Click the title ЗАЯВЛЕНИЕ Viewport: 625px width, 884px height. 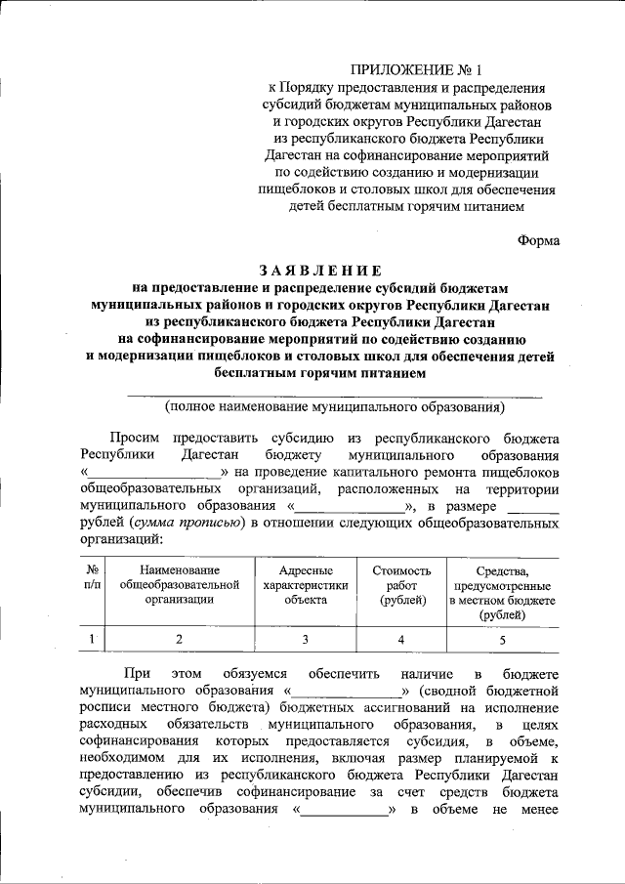pyautogui.click(x=315, y=270)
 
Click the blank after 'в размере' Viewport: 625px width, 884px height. pyautogui.click(x=533, y=507)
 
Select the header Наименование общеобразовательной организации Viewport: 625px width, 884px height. pyautogui.click(x=179, y=584)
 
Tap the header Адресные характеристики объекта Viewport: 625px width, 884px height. pyautogui.click(x=305, y=584)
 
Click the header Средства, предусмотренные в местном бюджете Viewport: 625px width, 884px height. pyautogui.click(x=502, y=592)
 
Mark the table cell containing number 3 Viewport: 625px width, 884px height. pyautogui.click(x=305, y=640)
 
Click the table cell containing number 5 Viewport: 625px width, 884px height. pyautogui.click(x=502, y=640)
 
